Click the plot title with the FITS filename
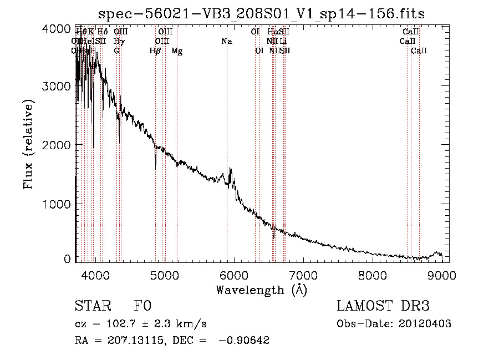coord(261,13)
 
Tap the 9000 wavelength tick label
coord(442,275)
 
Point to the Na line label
coord(226,42)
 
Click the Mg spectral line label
coord(177,51)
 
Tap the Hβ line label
coord(155,51)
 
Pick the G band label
coord(116,51)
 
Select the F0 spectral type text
coord(142,307)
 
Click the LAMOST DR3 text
coord(383,307)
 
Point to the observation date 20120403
coord(426,324)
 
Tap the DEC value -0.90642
coord(244,341)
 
